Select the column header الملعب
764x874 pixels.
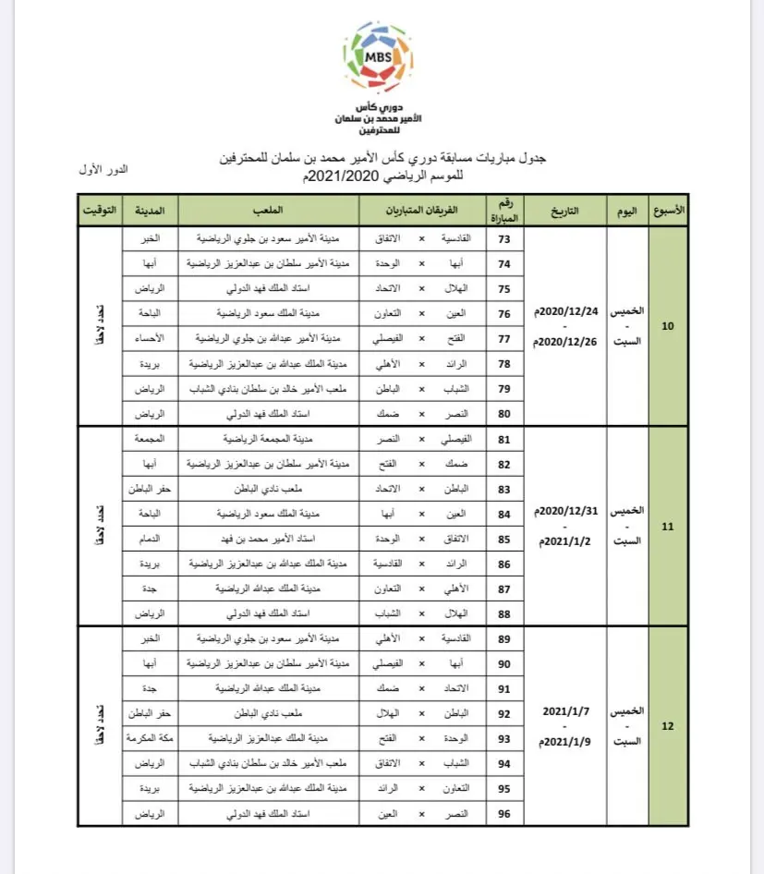pos(270,211)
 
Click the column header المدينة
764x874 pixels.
pos(150,211)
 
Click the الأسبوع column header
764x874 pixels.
pos(668,211)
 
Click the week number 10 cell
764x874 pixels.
pos(668,326)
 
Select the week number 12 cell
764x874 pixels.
pos(668,726)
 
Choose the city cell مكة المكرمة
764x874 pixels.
pos(149,739)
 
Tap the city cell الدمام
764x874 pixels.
pos(150,537)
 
